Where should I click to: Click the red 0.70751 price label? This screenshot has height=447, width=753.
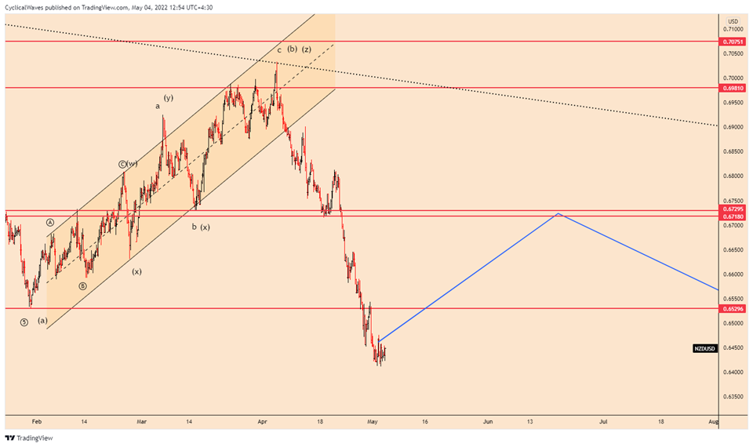click(x=733, y=41)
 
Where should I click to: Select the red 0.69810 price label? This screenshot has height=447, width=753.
click(x=733, y=89)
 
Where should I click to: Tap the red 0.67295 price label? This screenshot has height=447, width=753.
click(x=733, y=210)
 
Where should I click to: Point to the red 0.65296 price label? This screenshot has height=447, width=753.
click(x=733, y=309)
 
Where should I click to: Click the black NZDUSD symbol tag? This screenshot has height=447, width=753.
click(x=704, y=348)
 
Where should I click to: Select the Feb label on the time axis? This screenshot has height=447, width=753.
click(x=36, y=421)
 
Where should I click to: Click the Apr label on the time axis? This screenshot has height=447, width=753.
click(x=261, y=421)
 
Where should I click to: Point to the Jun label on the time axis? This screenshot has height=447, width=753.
click(x=488, y=421)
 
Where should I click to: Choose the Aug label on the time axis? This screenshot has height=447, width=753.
click(x=713, y=421)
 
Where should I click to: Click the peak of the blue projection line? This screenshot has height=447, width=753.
click(x=558, y=213)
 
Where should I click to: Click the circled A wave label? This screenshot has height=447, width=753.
click(x=50, y=223)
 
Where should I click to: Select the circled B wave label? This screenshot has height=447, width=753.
click(x=82, y=286)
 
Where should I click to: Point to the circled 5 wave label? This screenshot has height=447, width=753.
click(x=24, y=322)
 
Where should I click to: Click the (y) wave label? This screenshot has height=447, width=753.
click(x=168, y=97)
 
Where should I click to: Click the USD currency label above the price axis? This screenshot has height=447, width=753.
click(x=733, y=21)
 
